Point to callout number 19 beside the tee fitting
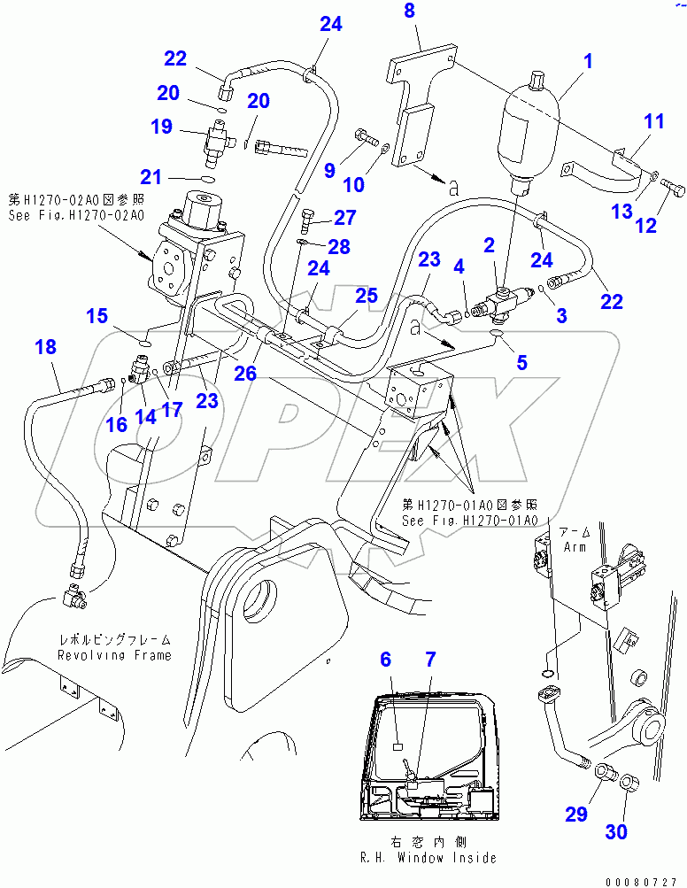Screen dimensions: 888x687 [161, 127]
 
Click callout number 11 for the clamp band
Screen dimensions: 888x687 [652, 121]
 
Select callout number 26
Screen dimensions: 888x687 [245, 374]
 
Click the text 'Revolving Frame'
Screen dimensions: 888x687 [114, 655]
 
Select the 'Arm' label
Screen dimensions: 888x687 [575, 546]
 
